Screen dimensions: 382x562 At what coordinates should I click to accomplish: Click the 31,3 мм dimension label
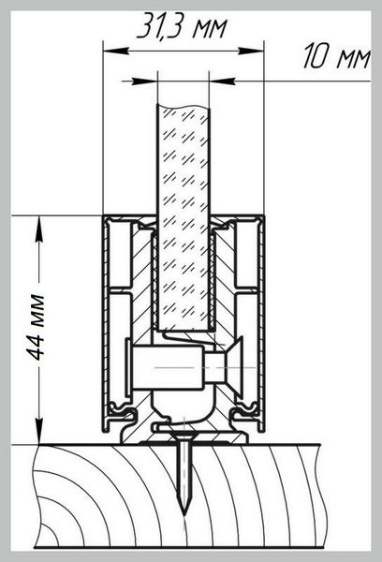tap(182, 26)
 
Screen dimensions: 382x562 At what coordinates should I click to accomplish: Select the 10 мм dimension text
tap(336, 56)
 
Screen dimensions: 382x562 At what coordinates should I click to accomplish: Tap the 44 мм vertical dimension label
tap(37, 327)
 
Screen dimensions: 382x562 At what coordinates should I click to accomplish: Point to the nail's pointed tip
tap(184, 514)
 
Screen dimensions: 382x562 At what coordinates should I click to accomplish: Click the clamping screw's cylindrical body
tap(169, 367)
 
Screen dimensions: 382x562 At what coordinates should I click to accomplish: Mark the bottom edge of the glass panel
tap(183, 330)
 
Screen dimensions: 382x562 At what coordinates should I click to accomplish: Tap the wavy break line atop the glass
tap(183, 107)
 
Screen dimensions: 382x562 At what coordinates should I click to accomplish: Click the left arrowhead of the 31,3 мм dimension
tap(115, 51)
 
